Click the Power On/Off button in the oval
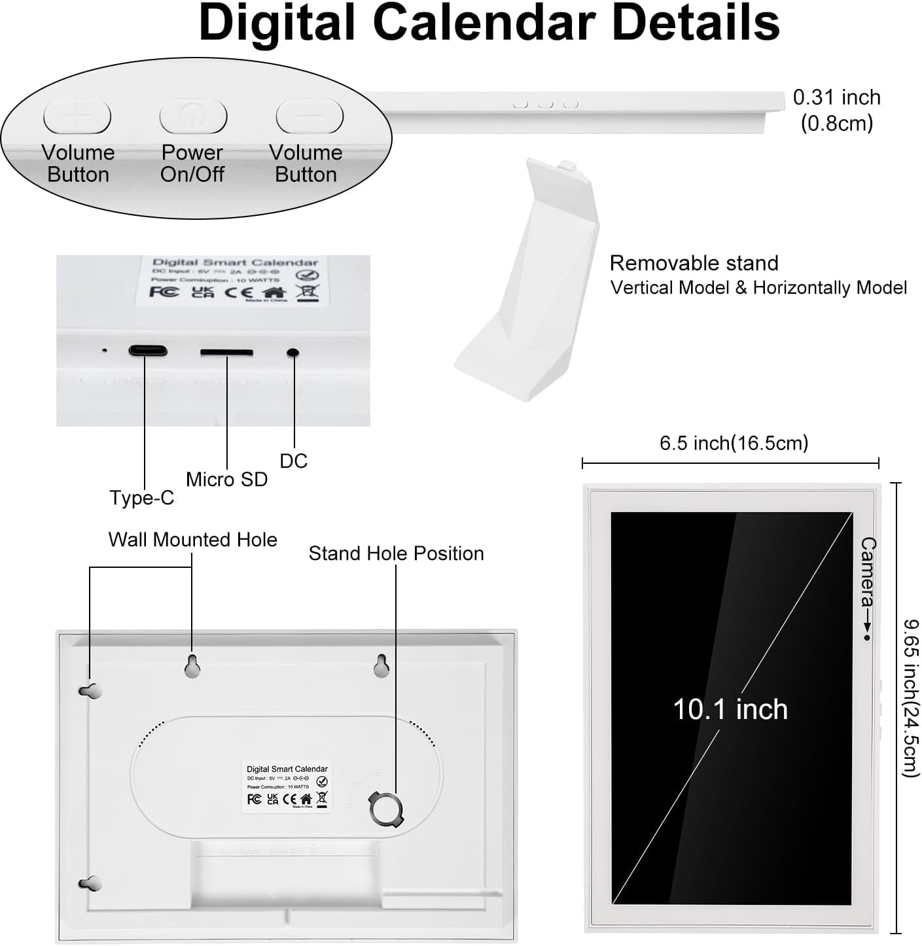point(193,117)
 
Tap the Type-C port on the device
point(148,351)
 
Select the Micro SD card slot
point(226,353)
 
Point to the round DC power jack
point(293,353)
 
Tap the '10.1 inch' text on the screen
point(730,709)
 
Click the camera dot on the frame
point(867,637)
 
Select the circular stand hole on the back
point(386,809)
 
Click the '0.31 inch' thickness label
point(836,97)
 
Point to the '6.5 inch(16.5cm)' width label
point(734,443)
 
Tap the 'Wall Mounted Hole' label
point(192,540)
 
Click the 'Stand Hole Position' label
point(396,553)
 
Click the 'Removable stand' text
point(694,263)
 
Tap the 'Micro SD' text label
point(226,480)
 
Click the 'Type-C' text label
point(141,498)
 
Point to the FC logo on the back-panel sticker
point(255,799)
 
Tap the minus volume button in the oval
point(310,116)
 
